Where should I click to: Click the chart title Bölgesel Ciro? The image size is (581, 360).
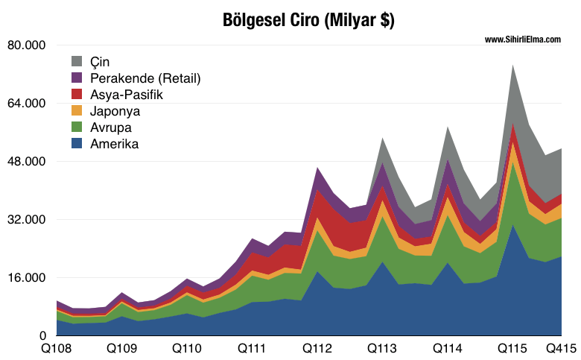pyautogui.click(x=308, y=20)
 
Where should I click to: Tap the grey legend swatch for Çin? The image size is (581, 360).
pyautogui.click(x=77, y=61)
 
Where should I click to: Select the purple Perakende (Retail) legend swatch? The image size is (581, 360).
pyautogui.click(x=77, y=78)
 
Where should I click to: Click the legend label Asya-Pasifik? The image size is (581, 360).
pyautogui.click(x=126, y=95)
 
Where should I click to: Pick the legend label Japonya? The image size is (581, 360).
pyautogui.click(x=115, y=111)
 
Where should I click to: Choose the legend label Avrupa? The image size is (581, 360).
pyautogui.click(x=111, y=127)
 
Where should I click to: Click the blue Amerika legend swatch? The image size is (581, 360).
pyautogui.click(x=77, y=144)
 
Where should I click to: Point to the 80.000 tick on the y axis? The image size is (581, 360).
pyautogui.click(x=27, y=45)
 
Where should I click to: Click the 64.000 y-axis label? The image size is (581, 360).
pyautogui.click(x=27, y=104)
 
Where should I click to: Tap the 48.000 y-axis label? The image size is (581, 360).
pyautogui.click(x=27, y=162)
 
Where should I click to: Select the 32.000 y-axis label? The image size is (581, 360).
pyautogui.click(x=27, y=220)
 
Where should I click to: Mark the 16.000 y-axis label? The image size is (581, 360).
pyautogui.click(x=27, y=278)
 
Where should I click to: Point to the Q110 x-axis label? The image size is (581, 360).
pyautogui.click(x=186, y=348)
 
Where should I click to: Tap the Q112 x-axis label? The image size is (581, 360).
pyautogui.click(x=317, y=348)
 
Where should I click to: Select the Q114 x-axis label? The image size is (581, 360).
pyautogui.click(x=448, y=348)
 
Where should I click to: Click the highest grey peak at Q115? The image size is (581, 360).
pyautogui.click(x=513, y=67)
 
